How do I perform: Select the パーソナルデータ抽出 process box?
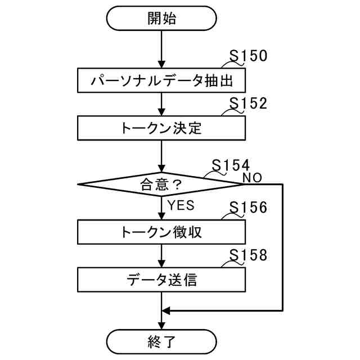[x=161, y=81]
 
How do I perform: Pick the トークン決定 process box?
[x=161, y=128]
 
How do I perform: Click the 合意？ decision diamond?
[x=161, y=183]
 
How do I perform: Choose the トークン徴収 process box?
[x=161, y=231]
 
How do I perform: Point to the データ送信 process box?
[x=161, y=278]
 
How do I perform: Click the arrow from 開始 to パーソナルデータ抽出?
[x=161, y=49]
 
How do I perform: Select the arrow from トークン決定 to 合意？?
[x=161, y=156]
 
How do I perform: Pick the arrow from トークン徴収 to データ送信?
[x=161, y=255]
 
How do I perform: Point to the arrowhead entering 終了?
[x=161, y=326]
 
